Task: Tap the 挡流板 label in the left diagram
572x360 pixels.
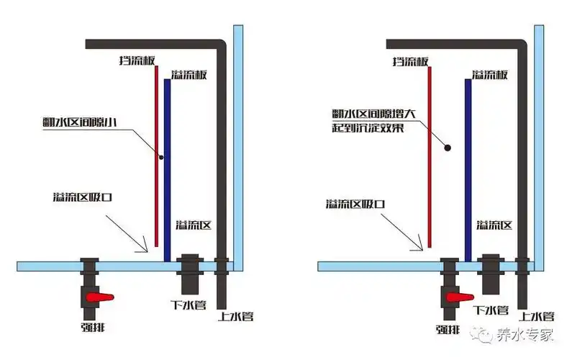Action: [x=138, y=61]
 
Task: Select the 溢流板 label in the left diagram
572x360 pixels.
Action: [x=189, y=75]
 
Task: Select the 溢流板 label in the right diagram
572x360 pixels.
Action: [x=491, y=75]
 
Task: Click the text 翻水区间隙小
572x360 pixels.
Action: [x=79, y=121]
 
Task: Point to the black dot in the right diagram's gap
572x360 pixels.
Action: [x=448, y=148]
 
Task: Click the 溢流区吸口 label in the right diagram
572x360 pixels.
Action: [x=354, y=204]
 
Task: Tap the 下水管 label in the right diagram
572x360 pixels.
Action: [x=491, y=310]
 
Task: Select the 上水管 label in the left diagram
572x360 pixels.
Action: [x=235, y=315]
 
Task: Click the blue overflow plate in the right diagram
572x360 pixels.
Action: [x=468, y=166]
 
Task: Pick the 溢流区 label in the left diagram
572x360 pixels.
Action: [x=193, y=225]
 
